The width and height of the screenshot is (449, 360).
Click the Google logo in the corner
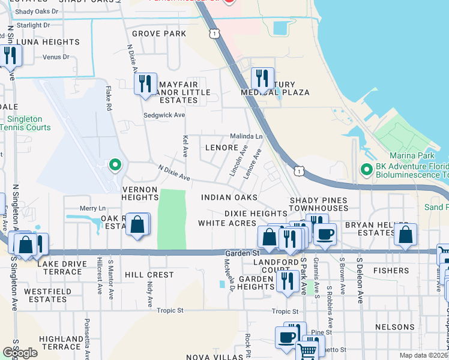click(20, 353)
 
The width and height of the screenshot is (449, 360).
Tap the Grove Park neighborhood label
click(159, 34)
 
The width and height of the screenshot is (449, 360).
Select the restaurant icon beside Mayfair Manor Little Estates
click(145, 83)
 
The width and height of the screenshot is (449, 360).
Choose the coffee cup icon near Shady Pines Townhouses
click(325, 233)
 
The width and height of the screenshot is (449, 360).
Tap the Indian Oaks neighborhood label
click(229, 197)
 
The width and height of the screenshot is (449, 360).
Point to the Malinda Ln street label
click(247, 137)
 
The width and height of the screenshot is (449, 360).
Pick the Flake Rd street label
click(109, 100)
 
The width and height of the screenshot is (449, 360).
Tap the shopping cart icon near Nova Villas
click(307, 350)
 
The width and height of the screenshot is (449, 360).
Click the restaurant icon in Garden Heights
click(288, 280)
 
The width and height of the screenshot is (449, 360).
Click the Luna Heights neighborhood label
click(47, 42)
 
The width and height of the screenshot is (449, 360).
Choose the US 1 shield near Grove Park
click(214, 34)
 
